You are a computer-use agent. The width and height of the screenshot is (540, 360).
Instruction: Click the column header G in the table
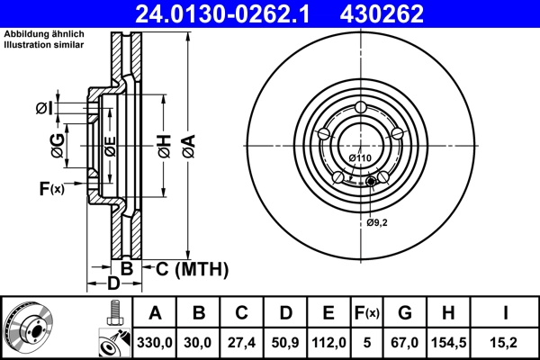tap(405, 313)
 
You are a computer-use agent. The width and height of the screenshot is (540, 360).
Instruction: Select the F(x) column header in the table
tap(367, 313)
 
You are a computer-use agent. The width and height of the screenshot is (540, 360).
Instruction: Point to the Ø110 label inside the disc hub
tap(360, 159)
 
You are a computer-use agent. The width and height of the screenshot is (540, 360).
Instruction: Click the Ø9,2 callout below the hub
tap(376, 222)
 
